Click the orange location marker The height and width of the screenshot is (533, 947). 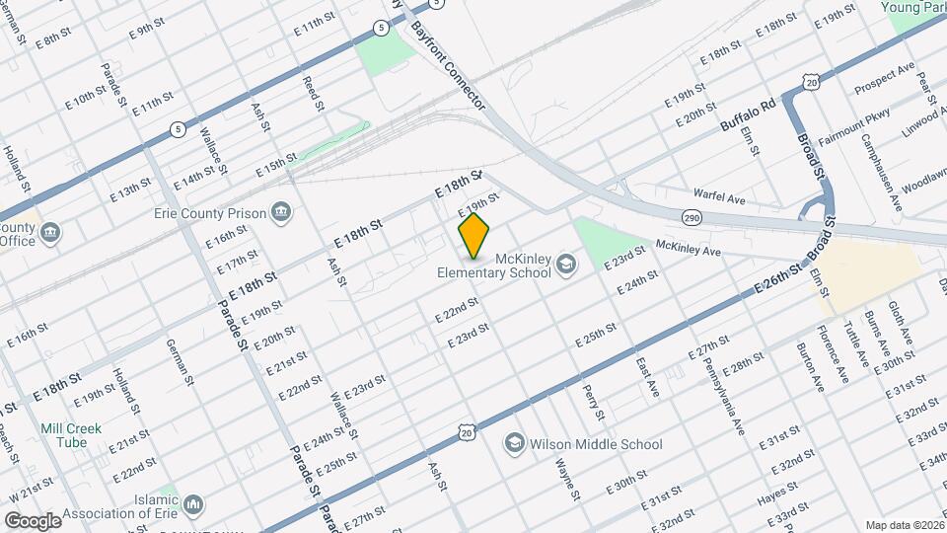coord(474,236)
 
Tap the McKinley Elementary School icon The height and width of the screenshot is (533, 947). coord(566,263)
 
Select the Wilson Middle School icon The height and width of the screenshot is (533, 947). coord(514,443)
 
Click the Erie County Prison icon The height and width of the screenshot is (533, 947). coord(281,212)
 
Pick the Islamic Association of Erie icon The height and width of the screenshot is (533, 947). coord(194,504)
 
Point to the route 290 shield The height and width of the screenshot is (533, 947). coord(692,214)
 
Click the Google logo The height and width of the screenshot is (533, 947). coord(33,520)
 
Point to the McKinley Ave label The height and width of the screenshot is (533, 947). coord(689,249)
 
